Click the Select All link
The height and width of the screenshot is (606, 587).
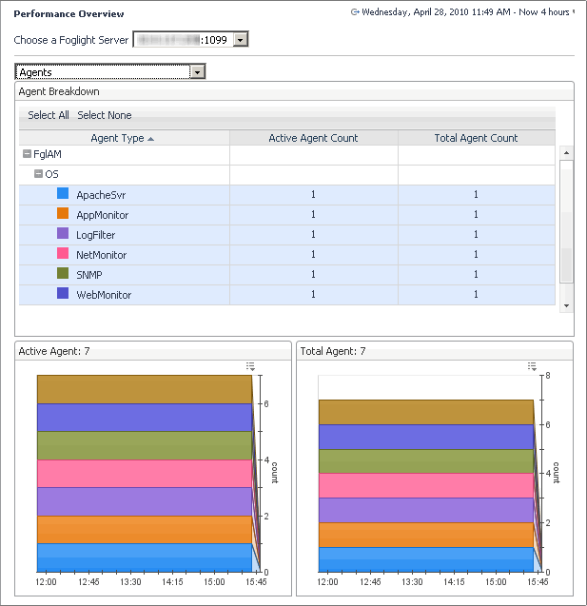[49, 115]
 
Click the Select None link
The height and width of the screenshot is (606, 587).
[105, 115]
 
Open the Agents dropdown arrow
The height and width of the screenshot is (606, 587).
[197, 71]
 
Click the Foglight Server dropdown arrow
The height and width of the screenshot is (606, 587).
[240, 40]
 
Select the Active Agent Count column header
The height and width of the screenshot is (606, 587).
[313, 138]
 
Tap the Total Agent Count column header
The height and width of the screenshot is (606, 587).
[476, 138]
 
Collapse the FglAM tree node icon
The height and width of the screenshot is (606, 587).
[27, 153]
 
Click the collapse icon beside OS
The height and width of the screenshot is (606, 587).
[39, 173]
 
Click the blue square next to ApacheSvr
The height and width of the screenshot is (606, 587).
[63, 194]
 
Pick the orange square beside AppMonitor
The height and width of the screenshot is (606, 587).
[63, 214]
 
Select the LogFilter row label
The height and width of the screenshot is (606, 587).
[96, 235]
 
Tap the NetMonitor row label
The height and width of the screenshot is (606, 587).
[102, 255]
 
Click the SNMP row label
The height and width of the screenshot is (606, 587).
[89, 275]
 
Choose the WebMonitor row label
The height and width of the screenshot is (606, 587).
[104, 295]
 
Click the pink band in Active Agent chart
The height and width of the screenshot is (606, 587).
[143, 474]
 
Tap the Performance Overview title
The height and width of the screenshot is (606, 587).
[68, 14]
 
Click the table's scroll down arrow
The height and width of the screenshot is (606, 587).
[566, 305]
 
